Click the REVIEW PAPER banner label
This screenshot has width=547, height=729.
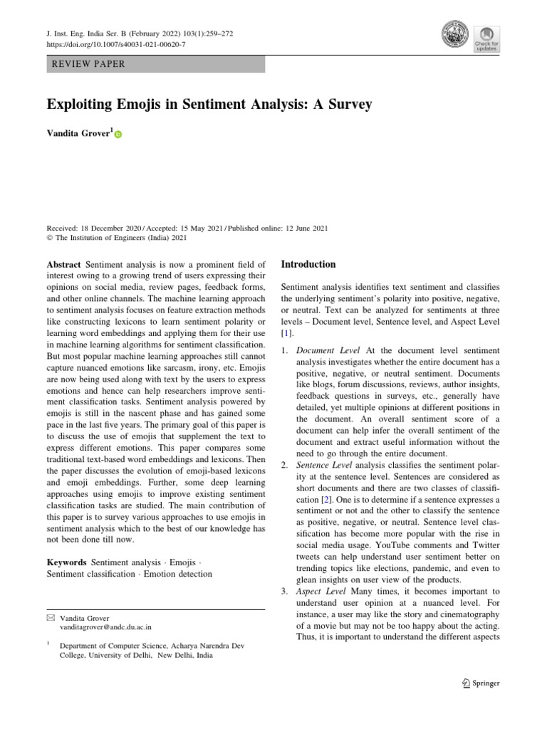(89, 64)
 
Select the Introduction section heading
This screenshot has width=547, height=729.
(308, 264)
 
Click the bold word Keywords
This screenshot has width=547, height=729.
(67, 562)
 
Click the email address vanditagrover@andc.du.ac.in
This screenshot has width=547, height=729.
(105, 628)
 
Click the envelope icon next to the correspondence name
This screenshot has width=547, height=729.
(51, 617)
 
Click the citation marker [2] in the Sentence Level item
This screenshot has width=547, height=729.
(325, 500)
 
